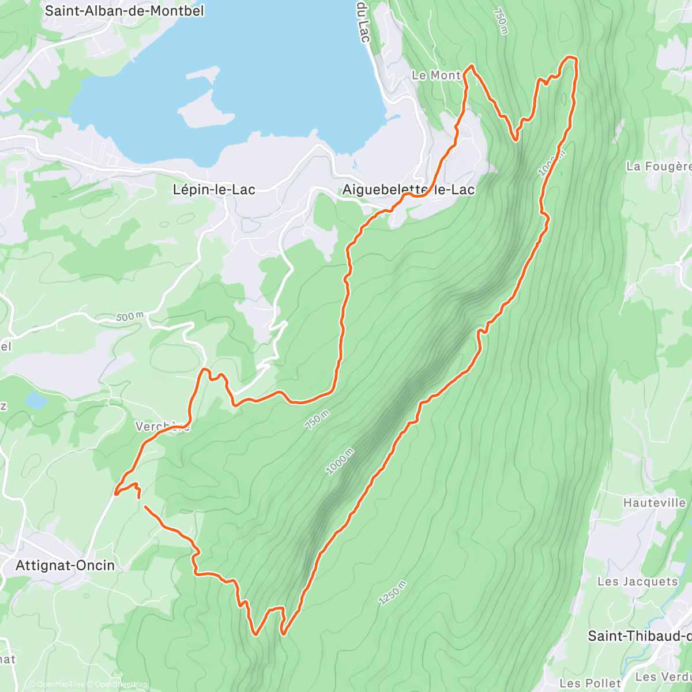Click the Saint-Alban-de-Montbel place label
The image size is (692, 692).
pos(124,10)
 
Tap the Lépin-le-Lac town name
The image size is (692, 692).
pos(214,189)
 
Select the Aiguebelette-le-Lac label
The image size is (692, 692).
pos(408,189)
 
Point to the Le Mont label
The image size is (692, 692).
pos(436,76)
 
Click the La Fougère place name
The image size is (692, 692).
pos(658,167)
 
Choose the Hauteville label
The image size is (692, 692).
pos(654,503)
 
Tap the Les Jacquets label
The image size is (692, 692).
pos(637,581)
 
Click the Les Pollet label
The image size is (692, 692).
pos(590,683)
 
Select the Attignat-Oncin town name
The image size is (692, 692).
pos(65,565)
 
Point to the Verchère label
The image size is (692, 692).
pos(162,427)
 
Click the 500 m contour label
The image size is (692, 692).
pos(130,317)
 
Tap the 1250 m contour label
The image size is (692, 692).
pos(393,593)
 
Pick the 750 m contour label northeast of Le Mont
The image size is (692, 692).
pos(501,21)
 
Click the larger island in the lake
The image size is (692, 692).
pos(199,110)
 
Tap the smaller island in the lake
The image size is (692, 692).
pos(203,74)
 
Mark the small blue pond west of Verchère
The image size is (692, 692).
pos(36,400)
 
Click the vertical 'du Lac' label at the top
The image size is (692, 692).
pos(363,21)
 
